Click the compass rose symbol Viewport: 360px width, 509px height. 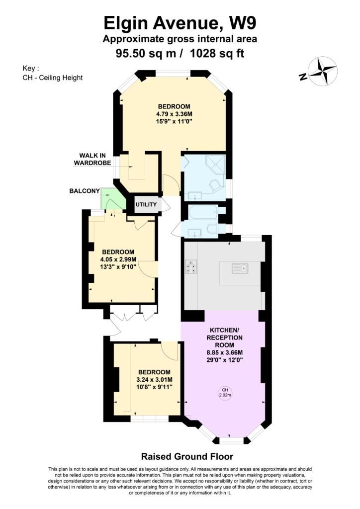323,71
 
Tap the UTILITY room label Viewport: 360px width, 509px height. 146,204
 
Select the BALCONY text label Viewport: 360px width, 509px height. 85,191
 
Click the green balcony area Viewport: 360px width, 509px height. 112,199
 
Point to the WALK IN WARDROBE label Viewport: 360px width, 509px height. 92,159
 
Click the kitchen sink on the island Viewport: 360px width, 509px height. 240,268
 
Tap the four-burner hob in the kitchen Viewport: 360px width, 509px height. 190,266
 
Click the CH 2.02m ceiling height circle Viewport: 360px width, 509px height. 225,393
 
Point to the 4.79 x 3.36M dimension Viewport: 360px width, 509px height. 174,114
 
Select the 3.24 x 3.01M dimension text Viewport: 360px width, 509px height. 155,379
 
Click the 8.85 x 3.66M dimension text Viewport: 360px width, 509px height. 225,352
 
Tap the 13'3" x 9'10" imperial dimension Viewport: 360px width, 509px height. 118,266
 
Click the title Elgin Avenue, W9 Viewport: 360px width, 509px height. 180,23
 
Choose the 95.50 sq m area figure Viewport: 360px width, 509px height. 146,53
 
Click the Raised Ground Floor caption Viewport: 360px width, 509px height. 187,456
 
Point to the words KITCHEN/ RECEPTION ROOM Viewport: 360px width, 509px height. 225,338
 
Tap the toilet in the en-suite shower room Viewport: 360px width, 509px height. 215,186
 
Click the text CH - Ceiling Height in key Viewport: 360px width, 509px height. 53,78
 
